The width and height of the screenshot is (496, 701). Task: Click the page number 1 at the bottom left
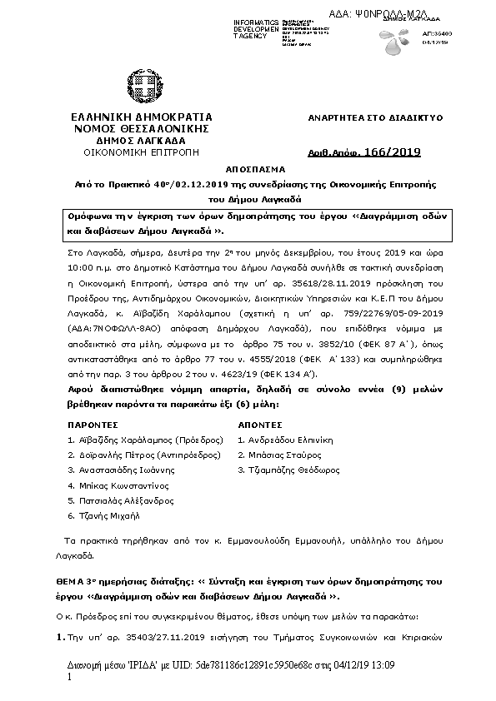click(x=68, y=679)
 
